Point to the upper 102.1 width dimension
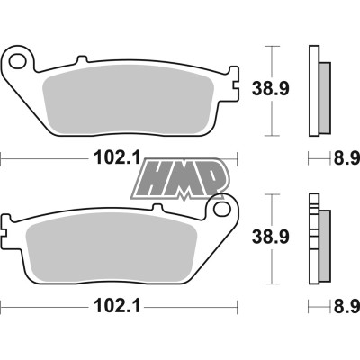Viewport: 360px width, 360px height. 117,159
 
